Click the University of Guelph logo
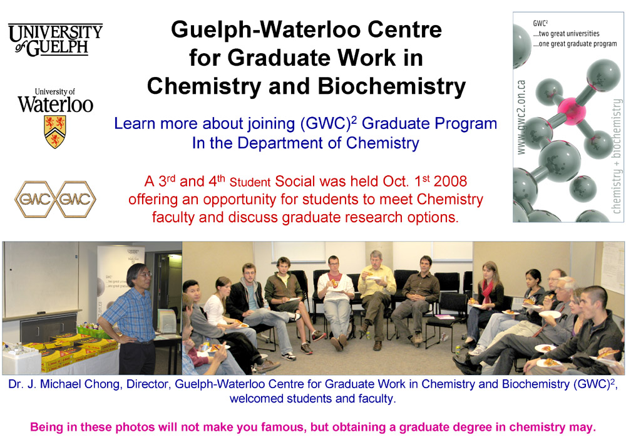[x=55, y=40]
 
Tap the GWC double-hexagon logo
[x=55, y=200]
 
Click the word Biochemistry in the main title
[x=393, y=86]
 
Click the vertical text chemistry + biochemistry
[x=617, y=157]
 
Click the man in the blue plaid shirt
[x=133, y=313]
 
